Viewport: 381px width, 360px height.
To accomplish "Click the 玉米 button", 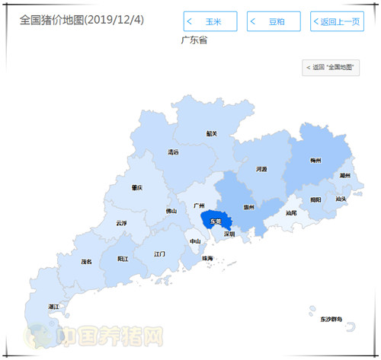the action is pyautogui.click(x=210, y=21).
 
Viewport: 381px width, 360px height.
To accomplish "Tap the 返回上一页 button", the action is pyautogui.click(x=337, y=21).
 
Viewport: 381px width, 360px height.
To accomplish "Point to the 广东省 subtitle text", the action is pyautogui.click(x=194, y=40).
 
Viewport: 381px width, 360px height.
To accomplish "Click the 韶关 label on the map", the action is pyautogui.click(x=212, y=133).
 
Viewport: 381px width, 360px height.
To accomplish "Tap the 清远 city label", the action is pyautogui.click(x=173, y=152).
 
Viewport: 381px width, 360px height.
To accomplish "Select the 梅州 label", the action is pyautogui.click(x=315, y=161).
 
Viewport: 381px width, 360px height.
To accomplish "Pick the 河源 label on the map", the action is pyautogui.click(x=261, y=169).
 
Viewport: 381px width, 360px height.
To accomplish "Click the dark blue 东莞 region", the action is pyautogui.click(x=216, y=221).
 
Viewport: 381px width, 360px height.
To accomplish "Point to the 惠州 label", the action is pyautogui.click(x=248, y=207).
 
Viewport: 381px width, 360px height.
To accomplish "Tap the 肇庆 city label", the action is pyautogui.click(x=136, y=187).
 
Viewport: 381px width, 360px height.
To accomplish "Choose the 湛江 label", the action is pyautogui.click(x=53, y=307).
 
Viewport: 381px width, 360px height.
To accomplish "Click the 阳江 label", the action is pyautogui.click(x=123, y=259).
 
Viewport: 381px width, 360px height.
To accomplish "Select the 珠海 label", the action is pyautogui.click(x=207, y=258).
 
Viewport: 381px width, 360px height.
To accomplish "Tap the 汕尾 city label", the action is pyautogui.click(x=290, y=212).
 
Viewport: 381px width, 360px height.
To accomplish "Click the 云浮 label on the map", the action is pyautogui.click(x=121, y=223).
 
